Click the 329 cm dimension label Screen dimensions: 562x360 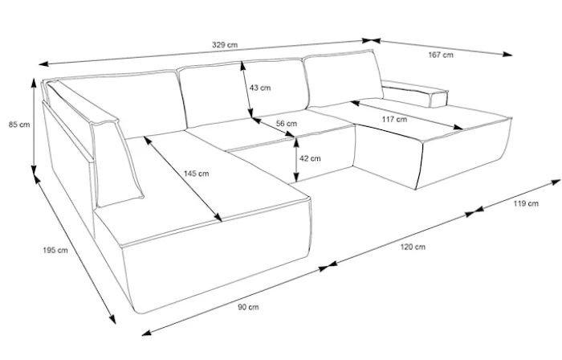225,45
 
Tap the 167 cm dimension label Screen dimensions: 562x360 441,55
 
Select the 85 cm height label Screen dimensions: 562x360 19,125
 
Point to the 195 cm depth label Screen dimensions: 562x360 55,250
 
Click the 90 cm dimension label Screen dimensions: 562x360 248,307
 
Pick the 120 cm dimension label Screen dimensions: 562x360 413,247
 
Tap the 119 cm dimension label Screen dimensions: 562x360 526,203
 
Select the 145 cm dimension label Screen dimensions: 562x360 196,174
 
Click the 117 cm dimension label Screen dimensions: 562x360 394,119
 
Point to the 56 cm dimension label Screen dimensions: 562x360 287,123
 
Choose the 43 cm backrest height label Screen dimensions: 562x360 260,88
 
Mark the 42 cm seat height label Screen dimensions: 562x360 310,158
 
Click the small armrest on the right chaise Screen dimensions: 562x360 415,93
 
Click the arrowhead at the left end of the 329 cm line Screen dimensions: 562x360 43,64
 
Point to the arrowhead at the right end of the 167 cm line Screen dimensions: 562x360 508,54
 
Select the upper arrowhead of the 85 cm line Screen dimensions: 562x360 34,83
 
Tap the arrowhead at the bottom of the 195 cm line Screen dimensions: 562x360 112,319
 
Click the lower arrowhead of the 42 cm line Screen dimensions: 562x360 296,178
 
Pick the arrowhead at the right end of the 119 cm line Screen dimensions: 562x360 556,182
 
